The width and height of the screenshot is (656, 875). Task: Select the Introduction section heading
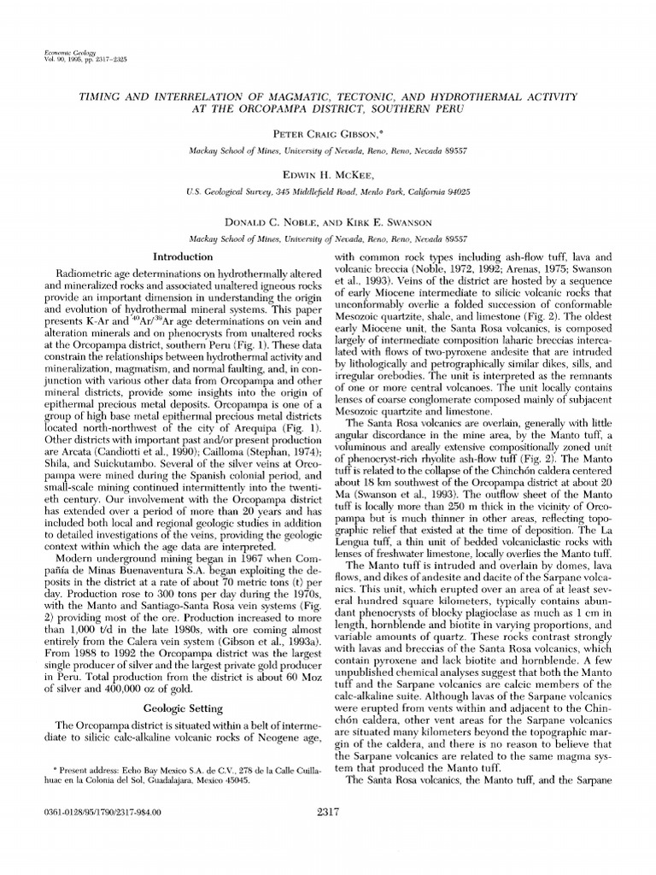pos(183,256)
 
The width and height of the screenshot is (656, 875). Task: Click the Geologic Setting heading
pos(183,708)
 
